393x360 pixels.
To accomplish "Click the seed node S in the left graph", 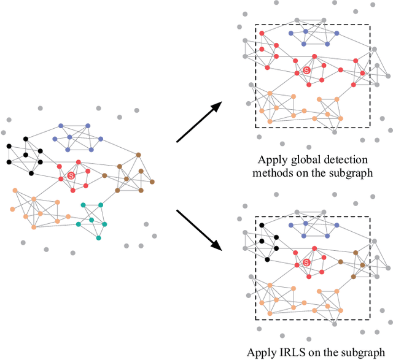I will point(71,176).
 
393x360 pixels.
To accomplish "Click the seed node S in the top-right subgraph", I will point(307,72).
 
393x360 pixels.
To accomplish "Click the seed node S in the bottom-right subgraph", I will point(307,262).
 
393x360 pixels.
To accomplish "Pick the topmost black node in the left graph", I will point(25,138).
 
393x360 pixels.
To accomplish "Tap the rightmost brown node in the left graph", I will point(154,182).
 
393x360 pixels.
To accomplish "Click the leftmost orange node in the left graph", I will point(12,209).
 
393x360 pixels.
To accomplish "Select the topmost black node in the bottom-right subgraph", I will point(262,226).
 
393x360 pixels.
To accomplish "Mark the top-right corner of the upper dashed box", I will point(370,25).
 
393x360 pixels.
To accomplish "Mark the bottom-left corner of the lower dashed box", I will point(255,319).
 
